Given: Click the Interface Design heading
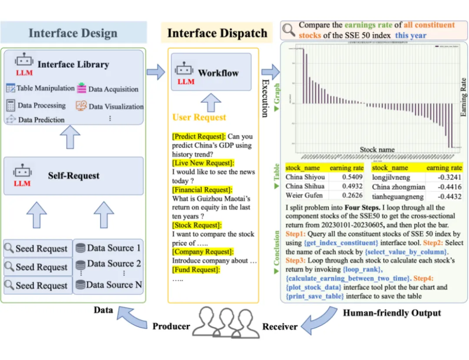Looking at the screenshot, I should tap(73, 33).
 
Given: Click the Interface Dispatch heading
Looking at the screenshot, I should tap(217, 33).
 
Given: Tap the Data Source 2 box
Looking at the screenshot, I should tap(109, 264).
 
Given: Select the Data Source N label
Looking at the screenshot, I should tap(114, 285).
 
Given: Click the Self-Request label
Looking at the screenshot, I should tap(73, 176).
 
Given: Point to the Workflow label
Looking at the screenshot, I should tap(218, 73).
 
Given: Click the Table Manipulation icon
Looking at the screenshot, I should tap(11, 88).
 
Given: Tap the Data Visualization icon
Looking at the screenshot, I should tap(81, 106).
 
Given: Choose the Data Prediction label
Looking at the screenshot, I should tap(41, 119).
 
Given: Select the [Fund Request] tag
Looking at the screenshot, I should tap(196, 270).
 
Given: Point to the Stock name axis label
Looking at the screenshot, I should tap(377, 150).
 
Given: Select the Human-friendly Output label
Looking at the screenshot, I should tap(392, 313).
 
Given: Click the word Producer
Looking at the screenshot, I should tap(171, 326).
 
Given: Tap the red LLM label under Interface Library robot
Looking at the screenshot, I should tap(24, 73).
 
